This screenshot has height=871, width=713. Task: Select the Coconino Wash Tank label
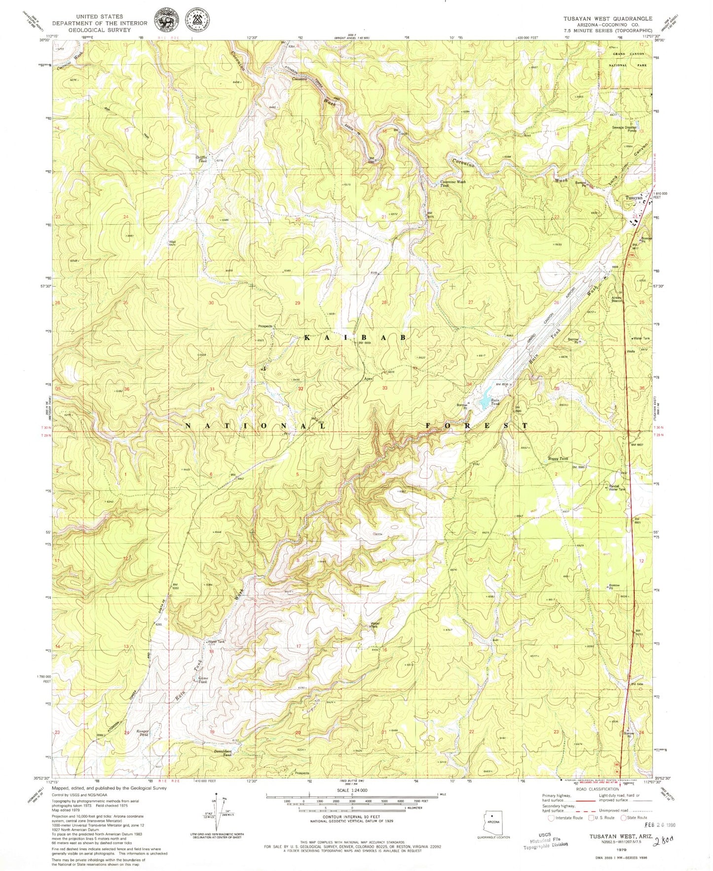point(452,183)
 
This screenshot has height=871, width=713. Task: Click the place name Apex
point(368,379)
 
